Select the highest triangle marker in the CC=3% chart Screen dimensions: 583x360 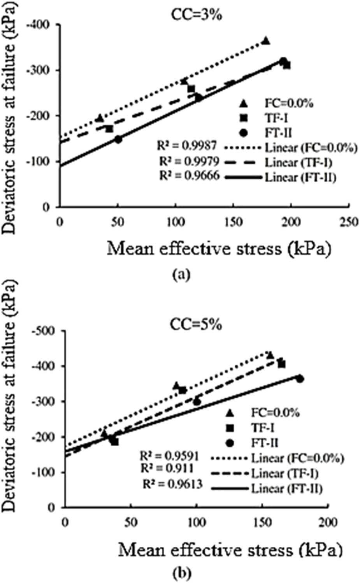(x=266, y=41)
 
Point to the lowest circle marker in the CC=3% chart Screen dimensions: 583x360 (x=118, y=139)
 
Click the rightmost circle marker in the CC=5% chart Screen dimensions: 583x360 (x=300, y=379)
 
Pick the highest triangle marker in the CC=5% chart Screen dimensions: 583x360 (x=270, y=355)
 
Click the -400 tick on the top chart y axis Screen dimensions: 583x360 (x=46, y=25)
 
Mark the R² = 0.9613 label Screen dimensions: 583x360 (x=172, y=484)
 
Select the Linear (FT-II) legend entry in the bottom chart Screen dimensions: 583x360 (x=287, y=488)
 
